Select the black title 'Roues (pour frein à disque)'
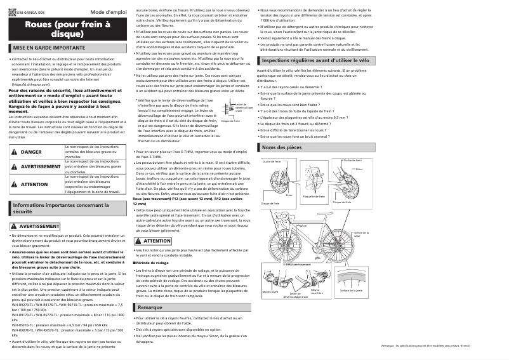tap(67, 29)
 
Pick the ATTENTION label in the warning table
tap(34, 184)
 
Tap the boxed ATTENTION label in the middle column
tap(155, 241)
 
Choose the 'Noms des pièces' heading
tap(282, 147)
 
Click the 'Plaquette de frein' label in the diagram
tap(314, 197)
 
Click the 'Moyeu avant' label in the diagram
tap(270, 291)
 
